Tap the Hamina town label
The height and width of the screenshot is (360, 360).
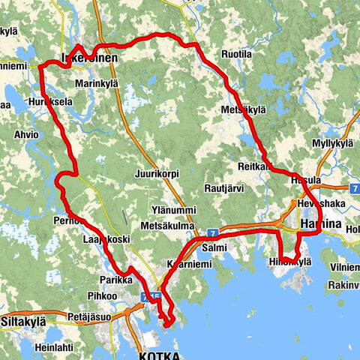click(320, 224)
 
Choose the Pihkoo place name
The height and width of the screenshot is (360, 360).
click(103, 296)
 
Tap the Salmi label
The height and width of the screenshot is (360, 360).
click(214, 246)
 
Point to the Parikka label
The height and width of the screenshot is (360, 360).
click(115, 279)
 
